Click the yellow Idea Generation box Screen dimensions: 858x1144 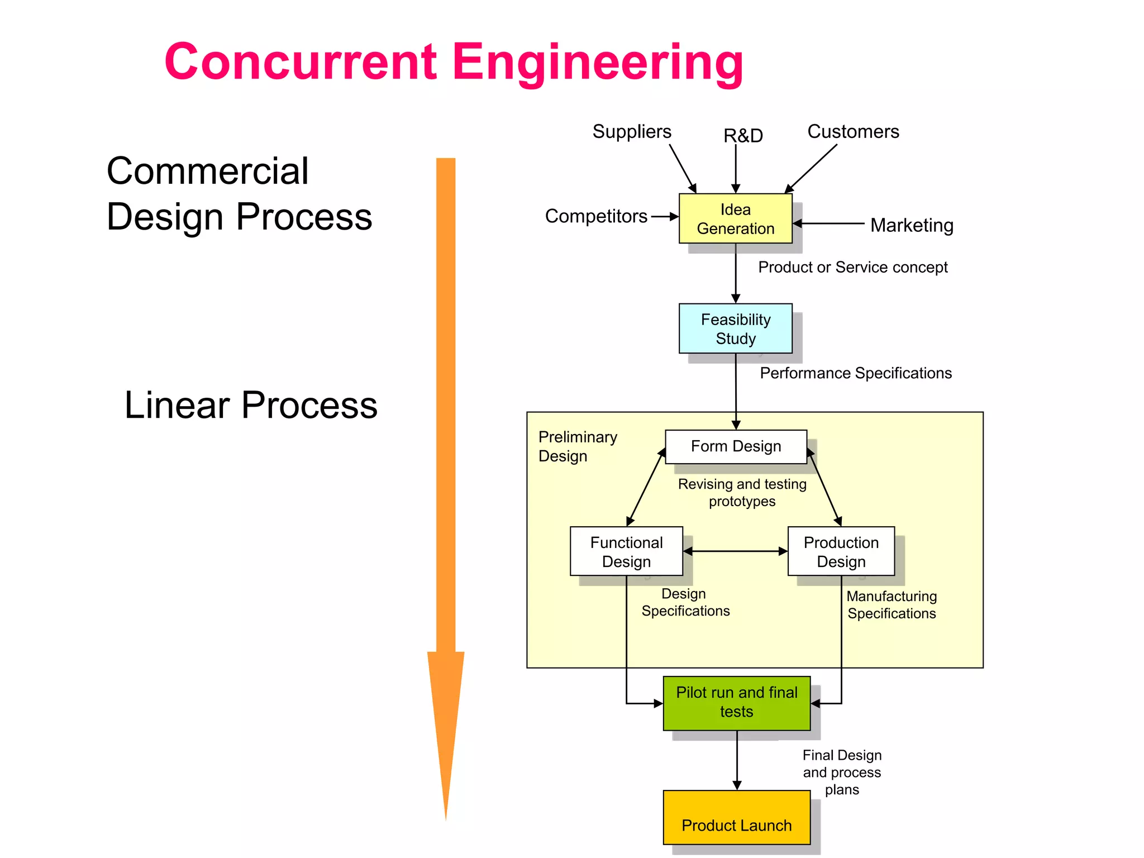(x=735, y=218)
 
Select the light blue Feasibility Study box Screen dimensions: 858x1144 (x=735, y=328)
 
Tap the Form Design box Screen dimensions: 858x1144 (x=736, y=446)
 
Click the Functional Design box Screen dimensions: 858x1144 (x=626, y=551)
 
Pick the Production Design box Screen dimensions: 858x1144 (x=841, y=551)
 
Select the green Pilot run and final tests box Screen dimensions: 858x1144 (x=736, y=703)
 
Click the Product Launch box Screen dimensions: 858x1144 (x=736, y=817)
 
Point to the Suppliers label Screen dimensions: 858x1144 (x=632, y=132)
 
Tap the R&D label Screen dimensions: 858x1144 (x=743, y=136)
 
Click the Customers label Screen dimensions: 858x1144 (x=853, y=132)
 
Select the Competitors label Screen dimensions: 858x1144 (x=596, y=216)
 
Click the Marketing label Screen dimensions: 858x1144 (x=912, y=225)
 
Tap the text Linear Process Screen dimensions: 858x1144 (x=251, y=405)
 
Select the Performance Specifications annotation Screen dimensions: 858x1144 (x=855, y=373)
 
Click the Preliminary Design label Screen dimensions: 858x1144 (x=577, y=446)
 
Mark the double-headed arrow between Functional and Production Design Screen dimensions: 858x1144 (x=735, y=551)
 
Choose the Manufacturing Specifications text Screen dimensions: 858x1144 (x=892, y=605)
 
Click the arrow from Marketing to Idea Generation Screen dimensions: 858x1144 (x=830, y=223)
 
